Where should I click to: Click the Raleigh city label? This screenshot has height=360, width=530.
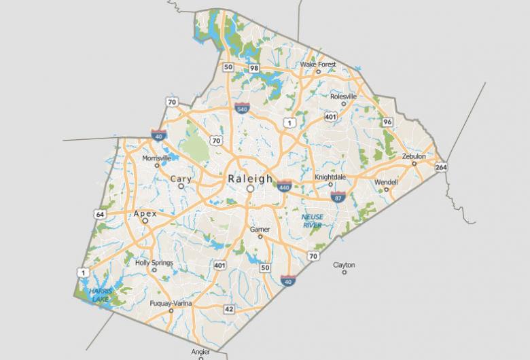pos(250,178)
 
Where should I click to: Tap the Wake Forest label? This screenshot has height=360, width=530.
pos(318,65)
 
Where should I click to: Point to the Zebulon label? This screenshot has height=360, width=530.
pos(414,156)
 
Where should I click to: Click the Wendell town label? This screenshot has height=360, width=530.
pos(386,182)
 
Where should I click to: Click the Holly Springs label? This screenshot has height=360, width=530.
pos(154,263)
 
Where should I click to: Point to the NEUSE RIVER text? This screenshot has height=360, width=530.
pos(312,221)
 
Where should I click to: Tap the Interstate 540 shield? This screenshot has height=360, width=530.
pos(242,108)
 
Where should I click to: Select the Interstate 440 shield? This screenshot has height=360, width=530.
pos(284,186)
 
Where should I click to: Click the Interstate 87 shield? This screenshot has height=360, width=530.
pos(338,197)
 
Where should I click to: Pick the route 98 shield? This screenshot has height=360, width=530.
pos(253,68)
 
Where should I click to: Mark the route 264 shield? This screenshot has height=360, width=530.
pos(441,166)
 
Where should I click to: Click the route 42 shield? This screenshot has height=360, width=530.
pos(229,309)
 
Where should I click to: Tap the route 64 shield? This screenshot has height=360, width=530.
pos(101,214)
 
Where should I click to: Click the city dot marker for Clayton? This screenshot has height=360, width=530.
pos(344,272)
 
